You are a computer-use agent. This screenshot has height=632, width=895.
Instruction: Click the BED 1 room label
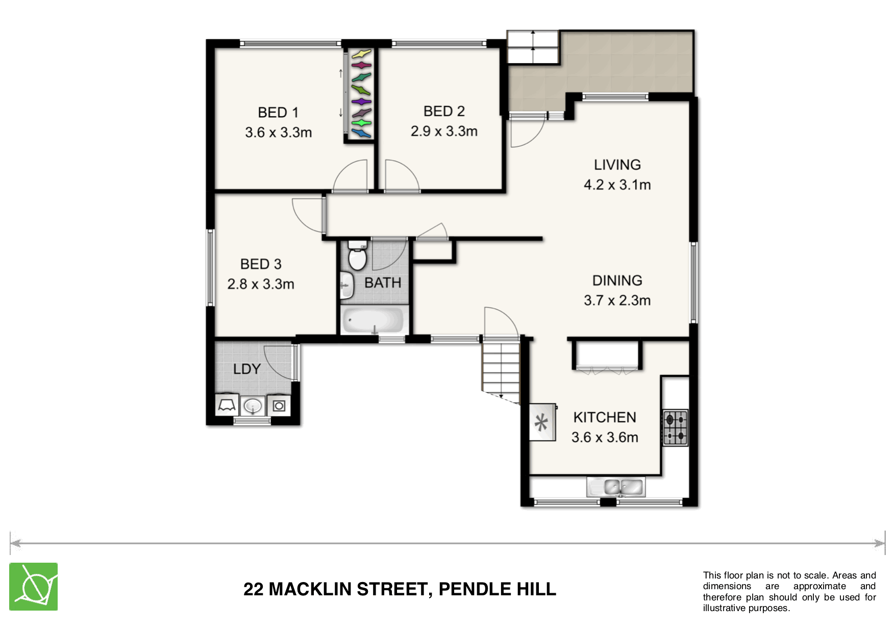point(278,112)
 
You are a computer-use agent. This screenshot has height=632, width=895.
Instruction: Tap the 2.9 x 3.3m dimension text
point(444,131)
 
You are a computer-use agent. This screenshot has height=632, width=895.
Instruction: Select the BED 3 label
point(261,264)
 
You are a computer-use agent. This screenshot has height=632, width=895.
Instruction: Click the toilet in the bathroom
point(357,256)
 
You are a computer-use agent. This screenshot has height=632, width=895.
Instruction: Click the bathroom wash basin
point(347,285)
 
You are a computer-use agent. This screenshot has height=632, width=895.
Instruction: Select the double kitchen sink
point(616,487)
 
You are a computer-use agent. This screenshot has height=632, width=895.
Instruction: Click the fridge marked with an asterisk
point(542,422)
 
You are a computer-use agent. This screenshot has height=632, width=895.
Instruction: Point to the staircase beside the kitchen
point(501,370)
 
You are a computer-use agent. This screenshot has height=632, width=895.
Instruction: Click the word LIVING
point(617,165)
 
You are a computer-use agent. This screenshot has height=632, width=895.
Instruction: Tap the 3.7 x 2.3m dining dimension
point(617,300)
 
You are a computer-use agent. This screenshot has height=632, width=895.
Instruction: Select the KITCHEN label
point(605,417)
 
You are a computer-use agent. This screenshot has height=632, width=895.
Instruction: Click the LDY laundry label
point(247,369)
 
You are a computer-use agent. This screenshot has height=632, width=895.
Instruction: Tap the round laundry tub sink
point(253,406)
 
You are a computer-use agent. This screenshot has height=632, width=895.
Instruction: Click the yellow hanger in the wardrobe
point(361,54)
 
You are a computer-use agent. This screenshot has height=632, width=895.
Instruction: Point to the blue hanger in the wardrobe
point(361,134)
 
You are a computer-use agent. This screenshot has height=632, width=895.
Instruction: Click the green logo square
point(33,587)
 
